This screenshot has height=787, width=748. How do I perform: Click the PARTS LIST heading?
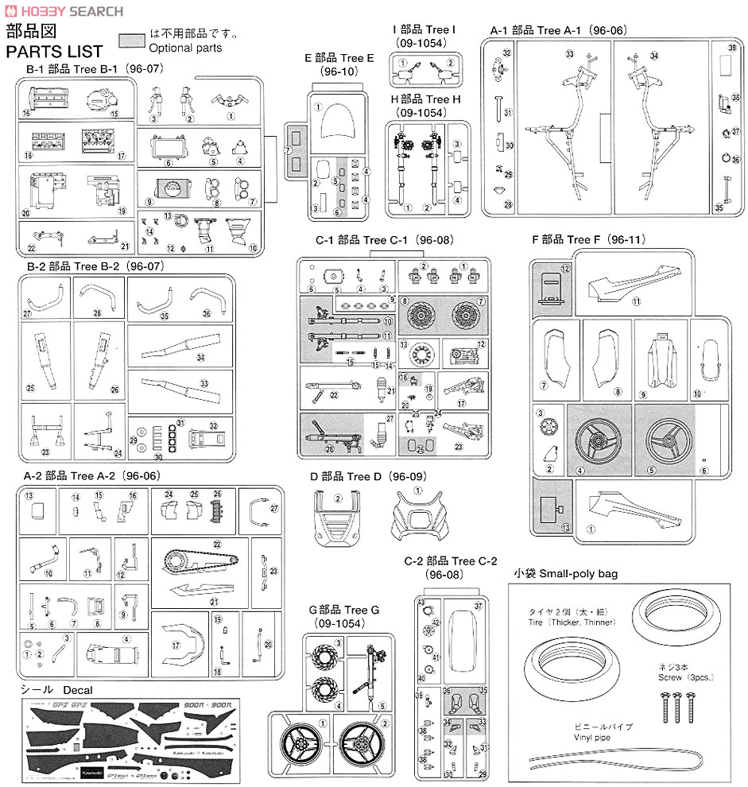(54, 52)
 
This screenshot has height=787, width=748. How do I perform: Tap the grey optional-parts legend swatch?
(132, 40)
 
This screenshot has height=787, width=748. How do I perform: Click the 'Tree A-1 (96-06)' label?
(559, 30)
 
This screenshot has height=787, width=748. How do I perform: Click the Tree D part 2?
(337, 521)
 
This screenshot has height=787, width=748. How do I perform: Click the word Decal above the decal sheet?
(78, 689)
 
